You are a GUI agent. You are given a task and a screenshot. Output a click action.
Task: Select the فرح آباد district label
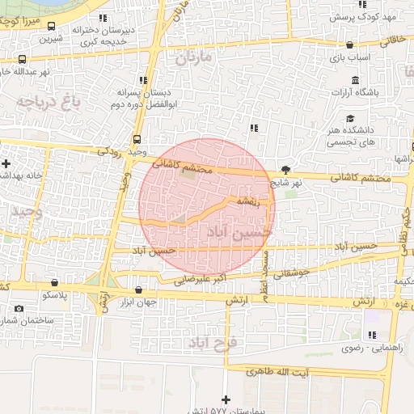212,344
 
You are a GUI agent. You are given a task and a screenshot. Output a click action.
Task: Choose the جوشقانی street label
292,273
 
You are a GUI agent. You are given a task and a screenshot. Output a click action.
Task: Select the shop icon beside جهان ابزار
138,290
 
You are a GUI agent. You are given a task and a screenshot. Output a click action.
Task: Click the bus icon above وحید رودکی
137,138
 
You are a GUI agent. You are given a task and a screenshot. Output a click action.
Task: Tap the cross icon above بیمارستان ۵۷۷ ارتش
226,399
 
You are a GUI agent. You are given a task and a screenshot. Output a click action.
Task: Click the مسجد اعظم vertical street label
264,275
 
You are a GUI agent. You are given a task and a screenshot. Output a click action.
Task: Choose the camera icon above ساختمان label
19,309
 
